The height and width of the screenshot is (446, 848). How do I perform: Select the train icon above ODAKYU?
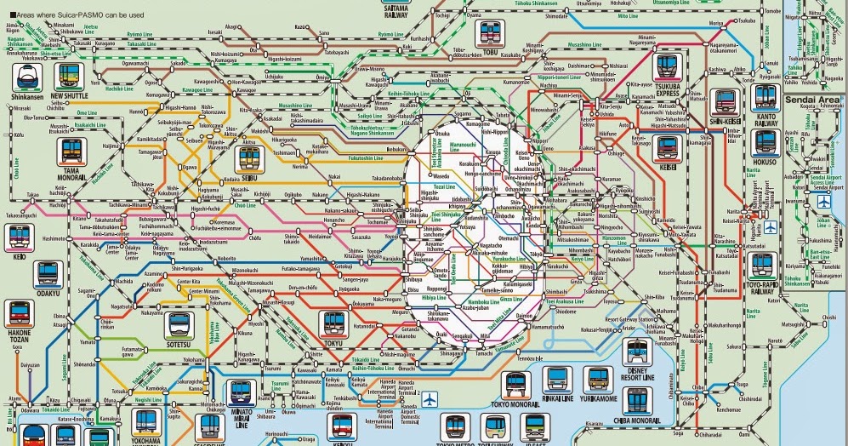pyautogui.click(x=46, y=273)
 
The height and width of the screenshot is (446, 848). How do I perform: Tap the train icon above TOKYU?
pyautogui.click(x=332, y=323)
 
